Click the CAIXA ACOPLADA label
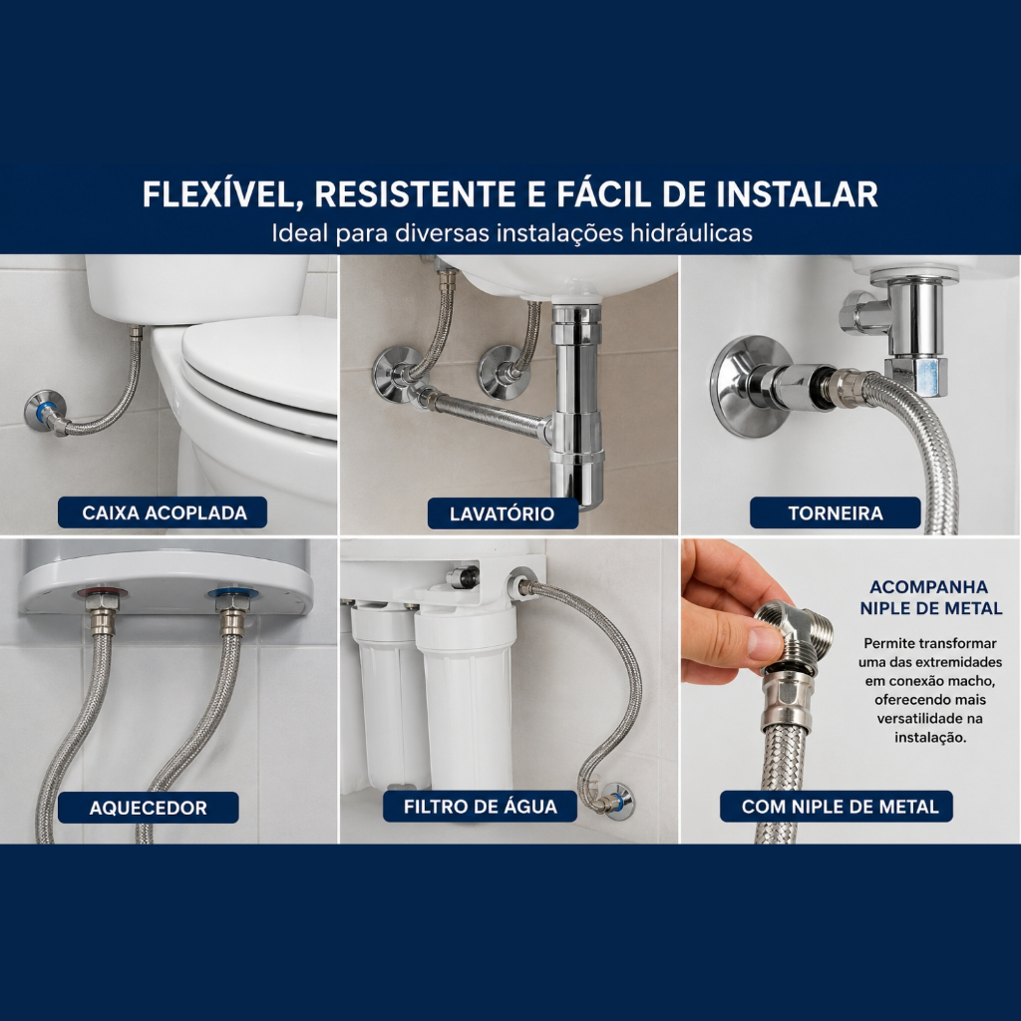163,512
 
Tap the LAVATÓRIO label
503,513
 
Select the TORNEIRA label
836,513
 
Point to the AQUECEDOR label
148,808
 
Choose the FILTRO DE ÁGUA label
480,807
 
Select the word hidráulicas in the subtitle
691,232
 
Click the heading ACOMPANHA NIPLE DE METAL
930,598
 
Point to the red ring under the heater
102,594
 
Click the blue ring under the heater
232,594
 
